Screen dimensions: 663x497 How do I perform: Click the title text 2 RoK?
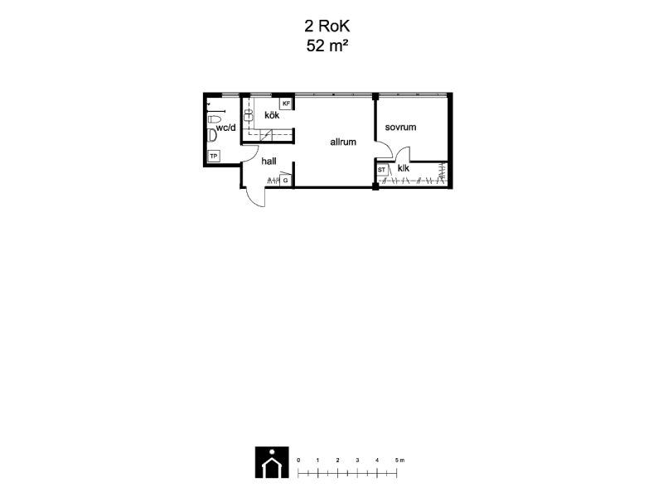[327, 27]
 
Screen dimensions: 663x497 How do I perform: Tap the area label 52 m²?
[327, 46]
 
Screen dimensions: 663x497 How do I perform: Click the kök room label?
[272, 115]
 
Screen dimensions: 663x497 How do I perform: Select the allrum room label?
[343, 142]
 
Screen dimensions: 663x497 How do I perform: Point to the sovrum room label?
[400, 128]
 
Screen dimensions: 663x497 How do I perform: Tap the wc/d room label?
[225, 128]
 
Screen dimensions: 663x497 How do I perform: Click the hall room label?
[269, 161]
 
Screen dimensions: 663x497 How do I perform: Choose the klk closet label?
[404, 168]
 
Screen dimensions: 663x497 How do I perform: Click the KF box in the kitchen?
[286, 104]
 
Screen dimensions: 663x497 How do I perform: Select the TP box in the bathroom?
[214, 157]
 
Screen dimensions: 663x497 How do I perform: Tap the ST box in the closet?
[382, 170]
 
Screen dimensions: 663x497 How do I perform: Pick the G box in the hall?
[285, 181]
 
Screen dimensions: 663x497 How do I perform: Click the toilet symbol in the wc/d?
[215, 118]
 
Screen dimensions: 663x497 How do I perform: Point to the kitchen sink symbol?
[248, 115]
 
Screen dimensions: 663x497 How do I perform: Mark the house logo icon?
[272, 462]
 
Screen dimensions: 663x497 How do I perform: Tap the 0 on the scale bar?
[298, 461]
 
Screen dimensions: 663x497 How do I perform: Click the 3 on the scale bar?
[357, 461]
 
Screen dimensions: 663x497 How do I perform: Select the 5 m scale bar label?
[399, 461]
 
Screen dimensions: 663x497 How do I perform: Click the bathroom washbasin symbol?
[212, 135]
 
